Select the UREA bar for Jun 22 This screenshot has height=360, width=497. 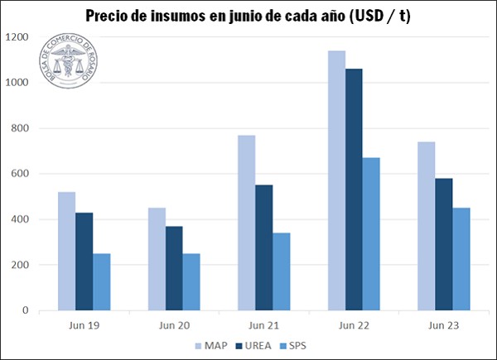(x=354, y=190)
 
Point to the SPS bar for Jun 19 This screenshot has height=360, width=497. (x=101, y=281)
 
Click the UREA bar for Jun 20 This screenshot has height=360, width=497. (x=173, y=268)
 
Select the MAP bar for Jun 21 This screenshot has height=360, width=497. (x=246, y=223)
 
